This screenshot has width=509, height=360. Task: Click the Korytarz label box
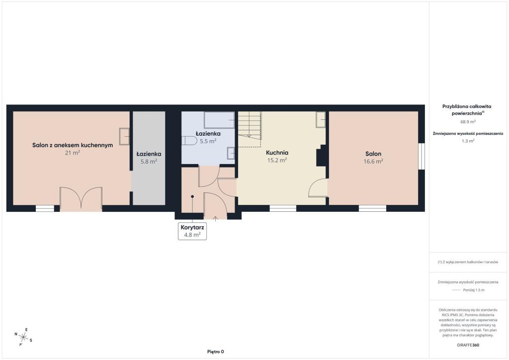point(192,231)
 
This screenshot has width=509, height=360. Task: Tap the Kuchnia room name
point(277,153)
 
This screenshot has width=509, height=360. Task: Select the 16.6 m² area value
point(373,161)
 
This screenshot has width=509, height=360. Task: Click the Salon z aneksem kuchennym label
point(73,145)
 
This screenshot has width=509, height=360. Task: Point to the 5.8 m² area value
point(149,161)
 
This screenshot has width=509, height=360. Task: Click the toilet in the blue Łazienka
point(189,141)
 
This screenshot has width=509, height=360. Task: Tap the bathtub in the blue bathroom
point(219,120)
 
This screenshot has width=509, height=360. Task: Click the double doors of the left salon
point(81,199)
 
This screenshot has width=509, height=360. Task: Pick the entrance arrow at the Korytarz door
point(215,218)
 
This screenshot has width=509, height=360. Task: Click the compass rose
point(23,337)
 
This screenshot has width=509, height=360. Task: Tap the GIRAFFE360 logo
point(468,345)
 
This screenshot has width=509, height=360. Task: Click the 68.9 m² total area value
point(468,122)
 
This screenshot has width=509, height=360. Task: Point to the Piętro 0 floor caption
point(216,352)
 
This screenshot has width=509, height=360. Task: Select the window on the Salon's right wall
point(422,156)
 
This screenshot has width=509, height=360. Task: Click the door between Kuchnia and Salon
point(318,187)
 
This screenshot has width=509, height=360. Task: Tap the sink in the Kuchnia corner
point(321,119)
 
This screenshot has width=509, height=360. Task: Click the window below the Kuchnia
point(283,208)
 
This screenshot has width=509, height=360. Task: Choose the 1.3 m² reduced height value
point(468,141)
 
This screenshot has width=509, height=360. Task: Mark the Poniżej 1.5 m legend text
point(474,290)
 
